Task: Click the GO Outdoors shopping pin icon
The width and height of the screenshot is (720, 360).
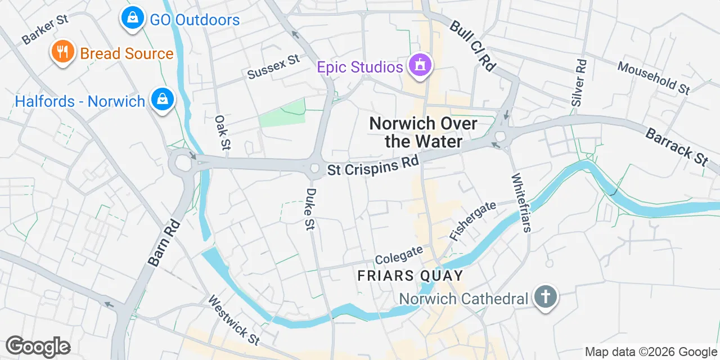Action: point(133,18)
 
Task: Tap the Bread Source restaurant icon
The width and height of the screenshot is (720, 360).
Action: point(63,52)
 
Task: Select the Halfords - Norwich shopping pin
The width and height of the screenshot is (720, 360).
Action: point(162,99)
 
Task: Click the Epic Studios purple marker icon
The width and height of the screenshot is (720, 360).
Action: point(420,65)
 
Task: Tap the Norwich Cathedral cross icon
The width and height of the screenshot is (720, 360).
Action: point(544,296)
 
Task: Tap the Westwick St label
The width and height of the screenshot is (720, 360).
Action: point(234,321)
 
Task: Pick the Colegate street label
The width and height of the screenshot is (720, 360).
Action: point(399,256)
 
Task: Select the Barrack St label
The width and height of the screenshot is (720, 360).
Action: point(677,147)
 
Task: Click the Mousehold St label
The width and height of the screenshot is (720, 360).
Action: point(653,78)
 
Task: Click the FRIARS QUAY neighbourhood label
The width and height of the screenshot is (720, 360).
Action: point(410,276)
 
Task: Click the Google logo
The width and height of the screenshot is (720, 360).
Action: point(38,346)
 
